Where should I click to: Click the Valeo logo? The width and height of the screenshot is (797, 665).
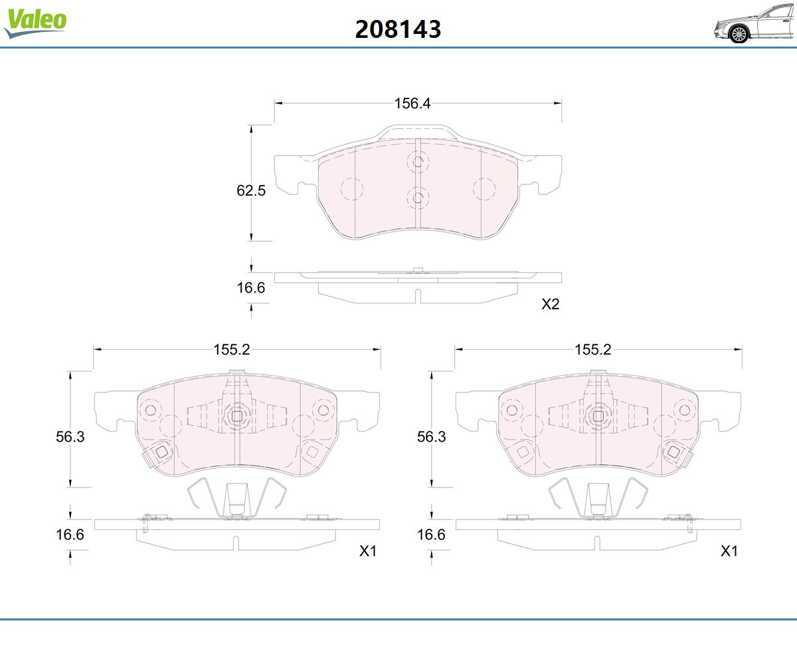click(x=35, y=22)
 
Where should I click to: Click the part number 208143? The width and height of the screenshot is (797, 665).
click(x=398, y=29)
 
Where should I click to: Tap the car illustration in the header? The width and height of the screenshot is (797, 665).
click(x=754, y=24)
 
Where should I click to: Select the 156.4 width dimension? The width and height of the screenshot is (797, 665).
click(x=412, y=103)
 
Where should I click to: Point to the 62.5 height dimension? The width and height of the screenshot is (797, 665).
click(x=251, y=190)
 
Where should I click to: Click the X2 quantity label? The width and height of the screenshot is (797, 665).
click(x=551, y=304)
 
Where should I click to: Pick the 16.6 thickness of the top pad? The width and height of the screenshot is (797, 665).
click(x=251, y=288)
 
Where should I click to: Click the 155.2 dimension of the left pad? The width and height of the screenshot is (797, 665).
click(x=231, y=349)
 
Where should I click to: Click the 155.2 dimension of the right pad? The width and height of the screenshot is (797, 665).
click(x=593, y=349)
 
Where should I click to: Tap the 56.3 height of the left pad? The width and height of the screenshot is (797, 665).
click(x=70, y=436)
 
